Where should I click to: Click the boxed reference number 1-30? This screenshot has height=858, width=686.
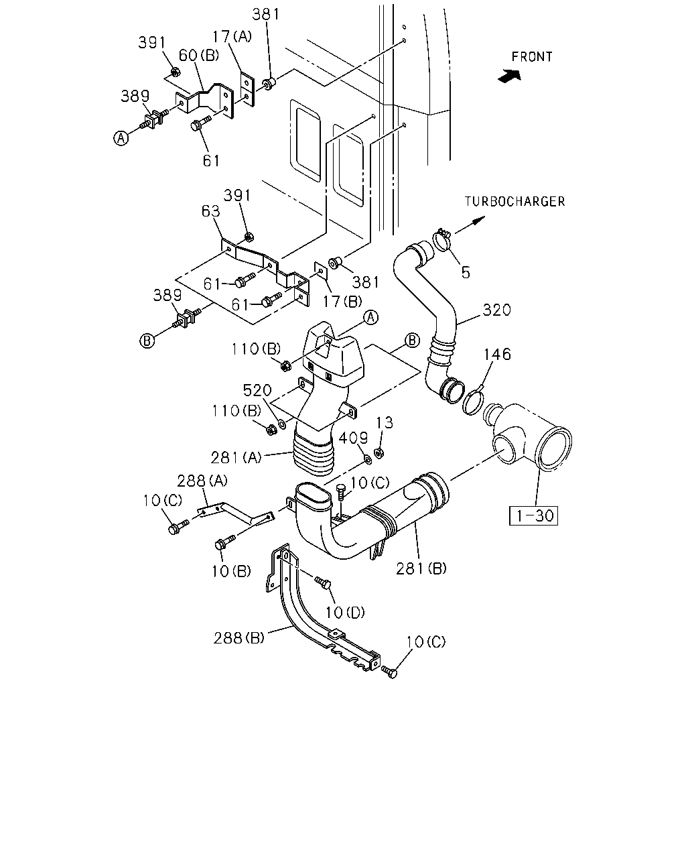pos(533,515)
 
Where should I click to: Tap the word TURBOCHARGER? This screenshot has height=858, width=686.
pos(514,201)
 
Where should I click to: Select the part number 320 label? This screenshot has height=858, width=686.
pos(496,310)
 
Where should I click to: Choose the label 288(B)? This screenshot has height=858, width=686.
pos(238,638)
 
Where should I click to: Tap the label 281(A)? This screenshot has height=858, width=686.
pos(236,457)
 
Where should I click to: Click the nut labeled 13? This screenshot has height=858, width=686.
pos(379,453)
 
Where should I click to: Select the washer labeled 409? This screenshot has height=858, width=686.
pos(368,460)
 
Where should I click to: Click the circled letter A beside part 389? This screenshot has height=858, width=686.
pos(121,138)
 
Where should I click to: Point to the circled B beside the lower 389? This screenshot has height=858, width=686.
pos(147,341)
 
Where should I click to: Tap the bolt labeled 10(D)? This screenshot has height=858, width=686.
pos(322,583)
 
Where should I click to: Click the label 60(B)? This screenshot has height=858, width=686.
pos(199,55)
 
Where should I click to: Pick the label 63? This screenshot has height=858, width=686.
pos(210,211)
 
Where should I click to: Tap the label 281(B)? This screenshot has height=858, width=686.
pos(421,568)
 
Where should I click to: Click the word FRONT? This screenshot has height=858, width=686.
pos(532,57)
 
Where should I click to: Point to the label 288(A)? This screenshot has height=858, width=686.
pos(202,481)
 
